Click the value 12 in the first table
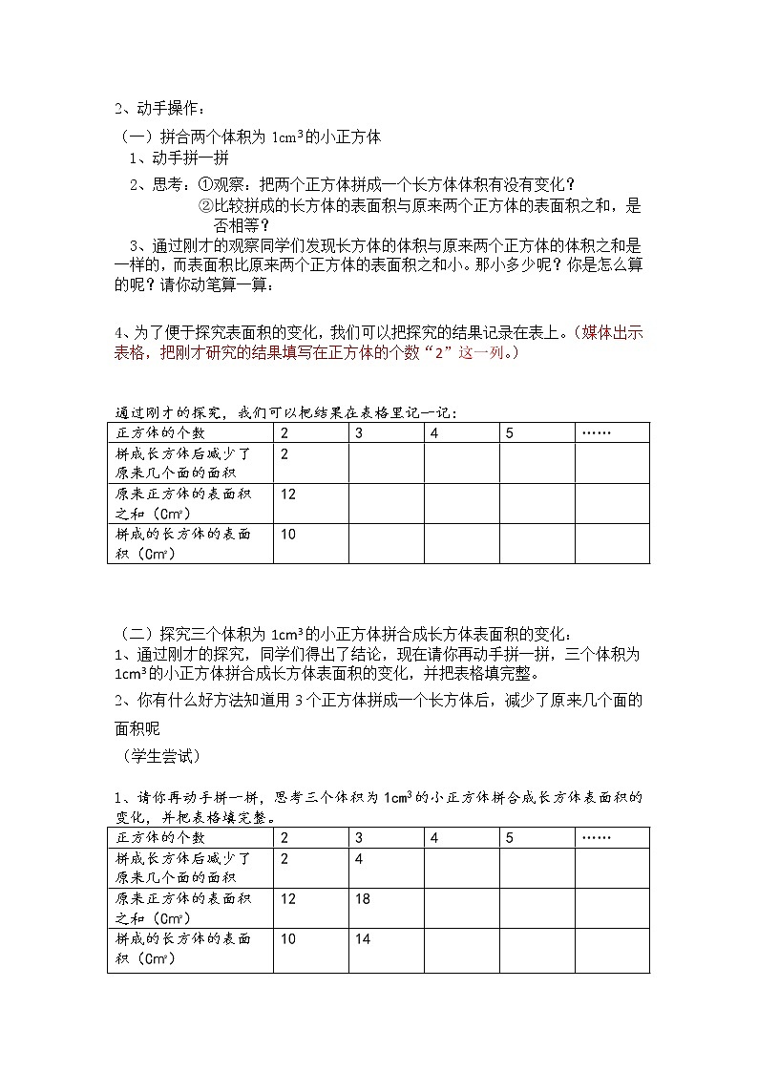288,494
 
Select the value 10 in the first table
288,535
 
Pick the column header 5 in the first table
510,433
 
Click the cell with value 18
363,899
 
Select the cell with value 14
363,939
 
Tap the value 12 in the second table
288,899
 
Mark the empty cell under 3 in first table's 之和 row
386,503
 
